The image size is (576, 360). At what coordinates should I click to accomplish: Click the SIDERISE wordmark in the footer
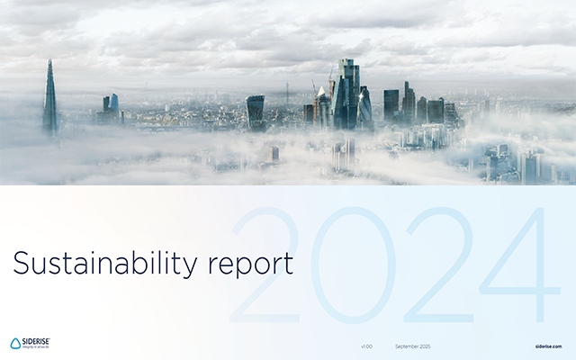tap(37, 341)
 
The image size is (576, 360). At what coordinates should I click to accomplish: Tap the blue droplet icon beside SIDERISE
tap(15, 344)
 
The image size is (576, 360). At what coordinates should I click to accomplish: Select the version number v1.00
tap(366, 346)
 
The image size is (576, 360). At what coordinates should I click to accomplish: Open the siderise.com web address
tap(547, 346)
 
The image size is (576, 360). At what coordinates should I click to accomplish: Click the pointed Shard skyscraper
tap(50, 99)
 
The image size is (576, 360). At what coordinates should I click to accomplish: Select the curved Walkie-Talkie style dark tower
tap(256, 112)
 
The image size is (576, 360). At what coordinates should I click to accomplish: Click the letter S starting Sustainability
tap(19, 264)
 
